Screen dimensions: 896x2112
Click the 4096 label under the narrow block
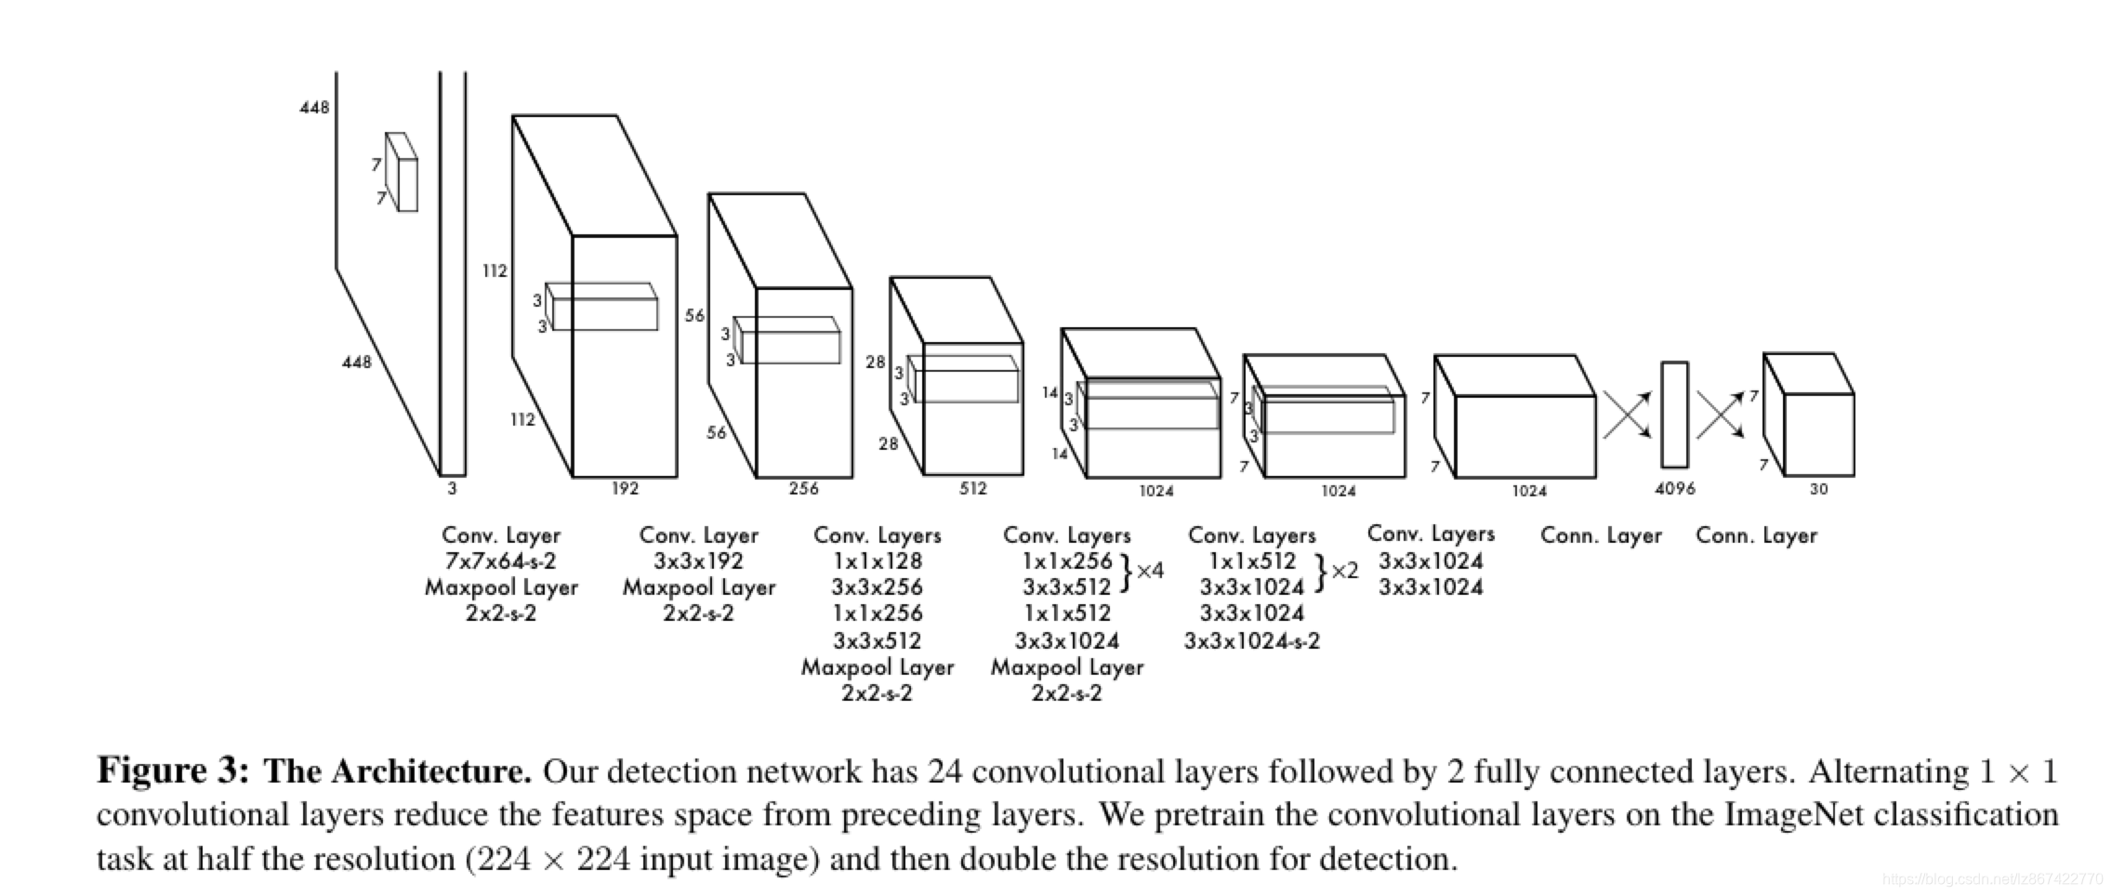(1674, 489)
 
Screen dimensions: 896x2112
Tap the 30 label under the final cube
(1818, 489)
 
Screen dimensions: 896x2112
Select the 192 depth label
(625, 489)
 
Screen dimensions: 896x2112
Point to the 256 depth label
(803, 489)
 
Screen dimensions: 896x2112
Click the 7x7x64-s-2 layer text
(500, 561)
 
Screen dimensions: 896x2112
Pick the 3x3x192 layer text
(698, 561)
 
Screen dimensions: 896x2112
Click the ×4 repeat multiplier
(1150, 571)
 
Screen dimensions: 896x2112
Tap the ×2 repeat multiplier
(1344, 571)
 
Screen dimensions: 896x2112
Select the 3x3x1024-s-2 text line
(1251, 640)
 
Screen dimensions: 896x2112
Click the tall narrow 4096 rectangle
(1674, 415)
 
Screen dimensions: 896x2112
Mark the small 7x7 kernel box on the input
(403, 173)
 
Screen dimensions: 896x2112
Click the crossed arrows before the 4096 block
(1627, 415)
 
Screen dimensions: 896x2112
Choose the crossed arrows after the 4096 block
(1720, 415)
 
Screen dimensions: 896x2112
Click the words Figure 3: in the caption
(173, 771)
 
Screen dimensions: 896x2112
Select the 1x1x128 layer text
(877, 561)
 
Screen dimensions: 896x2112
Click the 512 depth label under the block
(972, 489)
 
